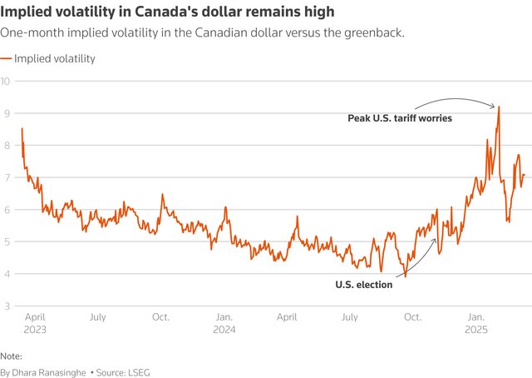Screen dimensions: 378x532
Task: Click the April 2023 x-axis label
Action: point(34,323)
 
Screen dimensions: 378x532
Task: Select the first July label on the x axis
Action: point(97,317)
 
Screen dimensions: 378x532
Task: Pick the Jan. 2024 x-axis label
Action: point(224,323)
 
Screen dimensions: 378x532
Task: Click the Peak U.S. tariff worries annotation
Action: point(399,119)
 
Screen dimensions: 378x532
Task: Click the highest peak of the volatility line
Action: point(499,107)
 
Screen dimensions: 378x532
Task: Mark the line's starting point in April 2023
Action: point(22,128)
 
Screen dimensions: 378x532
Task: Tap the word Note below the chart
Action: point(12,355)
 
